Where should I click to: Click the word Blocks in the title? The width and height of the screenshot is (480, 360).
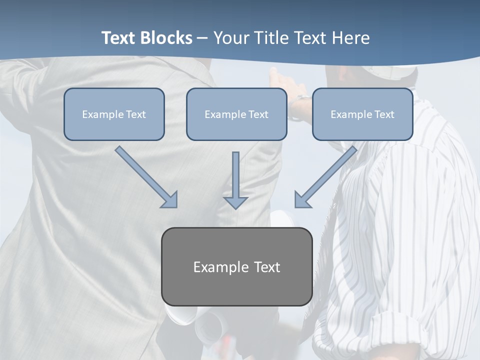pyautogui.click(x=166, y=38)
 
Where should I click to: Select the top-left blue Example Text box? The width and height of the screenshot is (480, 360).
pyautogui.click(x=114, y=114)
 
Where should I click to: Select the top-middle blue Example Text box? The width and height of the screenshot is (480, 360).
pyautogui.click(x=236, y=114)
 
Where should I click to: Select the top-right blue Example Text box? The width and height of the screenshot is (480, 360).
pyautogui.click(x=362, y=114)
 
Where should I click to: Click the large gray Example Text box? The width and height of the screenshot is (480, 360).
pyautogui.click(x=236, y=266)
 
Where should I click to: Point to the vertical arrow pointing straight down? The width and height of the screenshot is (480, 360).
pyautogui.click(x=235, y=177)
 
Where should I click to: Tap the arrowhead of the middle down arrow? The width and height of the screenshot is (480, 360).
pyautogui.click(x=235, y=202)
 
